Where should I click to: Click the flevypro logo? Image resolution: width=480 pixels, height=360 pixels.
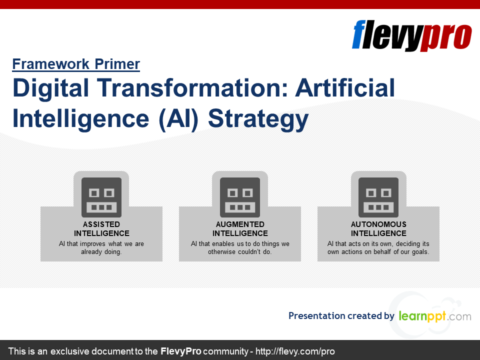click(x=411, y=35)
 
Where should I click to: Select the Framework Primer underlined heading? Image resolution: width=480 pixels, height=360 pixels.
click(x=76, y=64)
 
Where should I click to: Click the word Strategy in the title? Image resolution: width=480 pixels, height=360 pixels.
click(x=258, y=119)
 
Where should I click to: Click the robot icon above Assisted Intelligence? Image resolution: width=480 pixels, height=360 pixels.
click(x=101, y=197)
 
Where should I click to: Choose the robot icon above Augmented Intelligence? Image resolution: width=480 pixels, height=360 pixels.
click(x=240, y=197)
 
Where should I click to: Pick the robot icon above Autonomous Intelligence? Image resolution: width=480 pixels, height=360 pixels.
click(x=378, y=197)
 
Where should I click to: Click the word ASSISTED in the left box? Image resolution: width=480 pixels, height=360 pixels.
click(x=101, y=224)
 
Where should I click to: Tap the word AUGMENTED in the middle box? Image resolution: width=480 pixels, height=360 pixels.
click(x=240, y=224)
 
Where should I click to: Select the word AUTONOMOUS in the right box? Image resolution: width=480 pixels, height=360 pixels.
click(x=378, y=224)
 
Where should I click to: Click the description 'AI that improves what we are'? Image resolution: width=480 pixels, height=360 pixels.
click(x=101, y=243)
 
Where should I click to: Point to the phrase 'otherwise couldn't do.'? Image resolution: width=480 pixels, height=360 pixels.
click(x=240, y=251)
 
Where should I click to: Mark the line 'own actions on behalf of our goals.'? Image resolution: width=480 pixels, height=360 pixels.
click(x=378, y=251)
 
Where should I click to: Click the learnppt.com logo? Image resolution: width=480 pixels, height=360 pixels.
click(x=435, y=316)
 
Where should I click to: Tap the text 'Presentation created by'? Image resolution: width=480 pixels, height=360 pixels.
click(x=341, y=315)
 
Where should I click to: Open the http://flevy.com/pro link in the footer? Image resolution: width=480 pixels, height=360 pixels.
click(x=295, y=351)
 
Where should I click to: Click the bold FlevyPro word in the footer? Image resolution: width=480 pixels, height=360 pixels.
click(x=181, y=351)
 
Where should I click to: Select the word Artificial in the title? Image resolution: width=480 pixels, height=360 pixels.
click(x=345, y=88)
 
